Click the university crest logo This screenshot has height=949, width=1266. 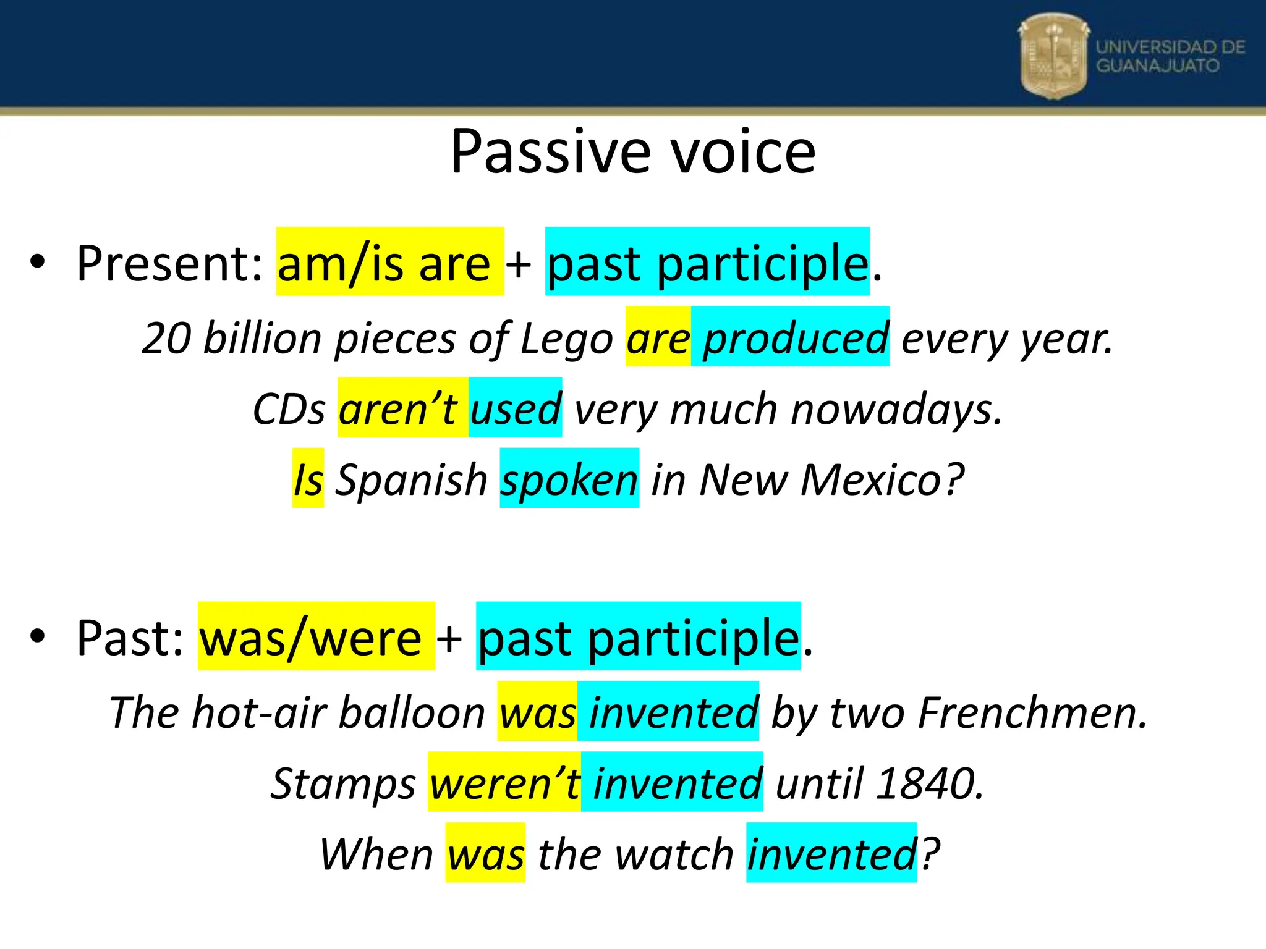[1053, 56]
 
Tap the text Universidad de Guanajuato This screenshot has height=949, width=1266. [1170, 56]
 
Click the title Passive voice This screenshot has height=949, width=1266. [632, 151]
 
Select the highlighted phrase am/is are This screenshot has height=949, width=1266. [389, 262]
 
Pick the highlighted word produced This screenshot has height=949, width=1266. [796, 338]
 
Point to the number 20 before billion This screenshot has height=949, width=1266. [166, 339]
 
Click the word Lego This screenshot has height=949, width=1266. [566, 339]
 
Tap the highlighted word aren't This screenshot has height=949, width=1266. [399, 408]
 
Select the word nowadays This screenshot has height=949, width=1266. [896, 409]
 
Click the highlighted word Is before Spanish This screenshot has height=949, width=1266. [308, 479]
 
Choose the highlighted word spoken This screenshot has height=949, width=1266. [569, 479]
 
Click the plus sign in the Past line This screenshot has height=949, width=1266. [449, 638]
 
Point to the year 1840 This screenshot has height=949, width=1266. [928, 783]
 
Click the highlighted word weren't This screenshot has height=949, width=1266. [504, 783]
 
